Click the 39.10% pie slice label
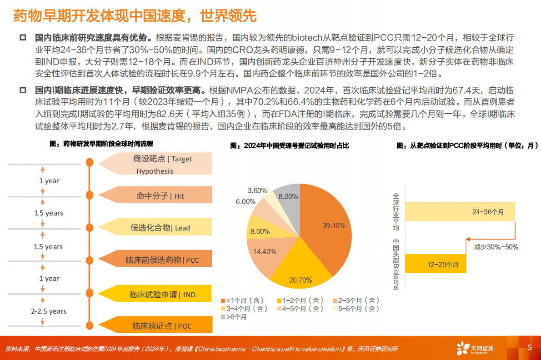click(334, 225)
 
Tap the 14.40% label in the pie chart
click(265, 251)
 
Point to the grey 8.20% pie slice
click(288, 196)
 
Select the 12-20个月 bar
click(435, 264)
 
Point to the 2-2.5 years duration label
click(49, 311)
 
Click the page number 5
click(530, 348)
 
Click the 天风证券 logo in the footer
click(476, 348)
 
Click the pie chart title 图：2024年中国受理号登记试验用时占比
click(290, 146)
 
